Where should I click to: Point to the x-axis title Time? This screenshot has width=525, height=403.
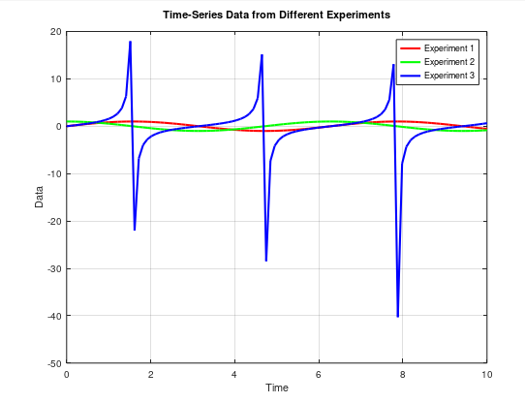(276, 387)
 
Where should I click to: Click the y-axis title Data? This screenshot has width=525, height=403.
(40, 198)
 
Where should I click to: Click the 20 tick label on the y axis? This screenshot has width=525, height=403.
(56, 32)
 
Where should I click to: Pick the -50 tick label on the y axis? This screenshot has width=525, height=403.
(54, 363)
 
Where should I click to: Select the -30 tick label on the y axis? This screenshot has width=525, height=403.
(54, 269)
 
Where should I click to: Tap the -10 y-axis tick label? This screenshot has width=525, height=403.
(54, 174)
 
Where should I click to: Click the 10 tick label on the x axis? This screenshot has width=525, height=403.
(486, 374)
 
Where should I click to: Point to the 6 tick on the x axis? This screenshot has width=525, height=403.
(318, 374)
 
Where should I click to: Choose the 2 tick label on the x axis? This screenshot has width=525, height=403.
(150, 374)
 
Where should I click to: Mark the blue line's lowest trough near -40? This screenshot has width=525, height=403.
(397, 316)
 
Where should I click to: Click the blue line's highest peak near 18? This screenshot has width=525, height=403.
(130, 43)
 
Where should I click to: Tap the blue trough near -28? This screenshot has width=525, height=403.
(266, 260)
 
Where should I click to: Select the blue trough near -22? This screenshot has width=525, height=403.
(135, 229)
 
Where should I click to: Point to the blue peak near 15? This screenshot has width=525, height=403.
(262, 55)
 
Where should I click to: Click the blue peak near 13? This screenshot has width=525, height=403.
(393, 65)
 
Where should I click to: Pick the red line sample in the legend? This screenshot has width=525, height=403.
(411, 48)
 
